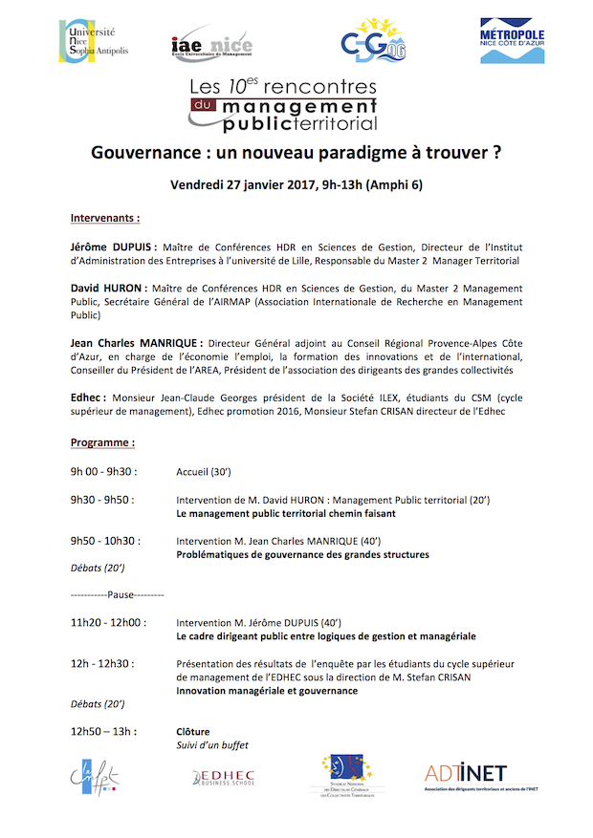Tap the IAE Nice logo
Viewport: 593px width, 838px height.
point(212,44)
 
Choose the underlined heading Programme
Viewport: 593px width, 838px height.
point(102,443)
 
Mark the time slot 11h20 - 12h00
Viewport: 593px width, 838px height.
point(108,622)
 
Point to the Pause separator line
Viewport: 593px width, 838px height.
point(118,594)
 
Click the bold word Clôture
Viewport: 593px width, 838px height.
point(193,732)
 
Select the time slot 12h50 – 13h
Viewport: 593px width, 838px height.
point(103,732)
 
